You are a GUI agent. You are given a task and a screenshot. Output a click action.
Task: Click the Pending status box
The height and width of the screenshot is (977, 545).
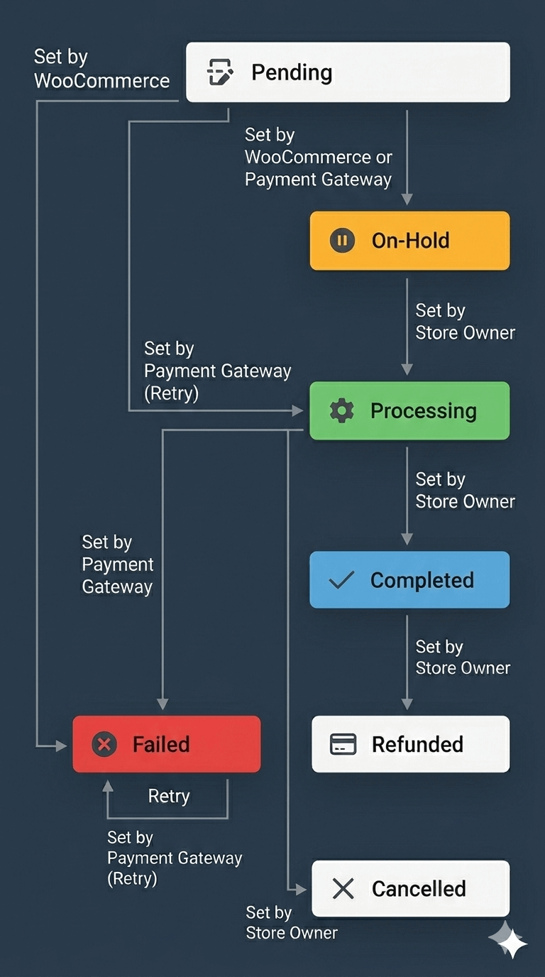pyautogui.click(x=348, y=72)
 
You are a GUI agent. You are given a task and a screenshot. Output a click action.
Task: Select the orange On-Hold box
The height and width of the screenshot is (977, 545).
pyautogui.click(x=409, y=241)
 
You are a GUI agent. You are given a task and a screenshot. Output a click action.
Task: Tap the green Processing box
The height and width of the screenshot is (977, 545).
pyautogui.click(x=409, y=410)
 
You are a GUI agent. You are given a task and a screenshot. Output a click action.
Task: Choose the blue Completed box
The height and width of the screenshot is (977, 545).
pyautogui.click(x=409, y=580)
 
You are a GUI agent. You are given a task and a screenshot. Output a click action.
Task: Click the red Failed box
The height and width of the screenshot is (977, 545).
pyautogui.click(x=167, y=744)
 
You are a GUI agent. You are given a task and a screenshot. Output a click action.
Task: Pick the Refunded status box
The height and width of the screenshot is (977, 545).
pyautogui.click(x=410, y=744)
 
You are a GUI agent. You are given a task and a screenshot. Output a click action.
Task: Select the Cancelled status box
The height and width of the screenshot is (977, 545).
pyautogui.click(x=410, y=888)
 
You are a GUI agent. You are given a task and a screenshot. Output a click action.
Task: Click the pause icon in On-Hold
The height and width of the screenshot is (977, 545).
pyautogui.click(x=342, y=241)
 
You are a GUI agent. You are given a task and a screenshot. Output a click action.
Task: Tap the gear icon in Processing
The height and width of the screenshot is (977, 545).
pyautogui.click(x=342, y=410)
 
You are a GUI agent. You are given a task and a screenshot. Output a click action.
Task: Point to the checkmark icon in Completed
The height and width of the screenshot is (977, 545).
pyautogui.click(x=342, y=580)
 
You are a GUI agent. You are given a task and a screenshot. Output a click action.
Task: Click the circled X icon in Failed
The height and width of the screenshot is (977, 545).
pyautogui.click(x=104, y=744)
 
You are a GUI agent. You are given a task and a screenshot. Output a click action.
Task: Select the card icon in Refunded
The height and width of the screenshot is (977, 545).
pyautogui.click(x=343, y=744)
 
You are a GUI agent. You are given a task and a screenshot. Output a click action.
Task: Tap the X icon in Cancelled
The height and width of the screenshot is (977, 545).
pyautogui.click(x=343, y=888)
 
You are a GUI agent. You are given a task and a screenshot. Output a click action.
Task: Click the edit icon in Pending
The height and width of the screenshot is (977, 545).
pyautogui.click(x=220, y=72)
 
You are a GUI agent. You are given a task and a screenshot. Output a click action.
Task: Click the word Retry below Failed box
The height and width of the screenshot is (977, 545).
pyautogui.click(x=169, y=796)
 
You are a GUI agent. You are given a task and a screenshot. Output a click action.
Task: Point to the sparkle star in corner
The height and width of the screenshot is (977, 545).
pyautogui.click(x=509, y=941)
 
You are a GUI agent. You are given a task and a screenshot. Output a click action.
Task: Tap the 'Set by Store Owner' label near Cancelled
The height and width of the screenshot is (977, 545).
pyautogui.click(x=292, y=922)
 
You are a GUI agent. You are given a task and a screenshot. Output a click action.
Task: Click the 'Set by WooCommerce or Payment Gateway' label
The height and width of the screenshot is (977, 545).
pyautogui.click(x=318, y=157)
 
